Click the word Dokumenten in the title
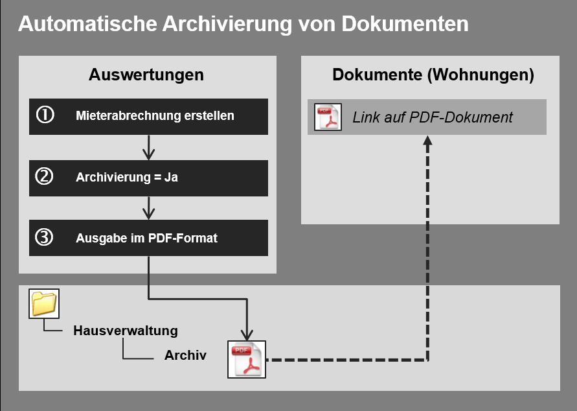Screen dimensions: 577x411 [405, 23]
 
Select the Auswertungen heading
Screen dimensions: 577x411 [146, 75]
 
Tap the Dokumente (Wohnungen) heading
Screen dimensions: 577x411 [433, 75]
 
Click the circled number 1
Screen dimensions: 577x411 [45, 115]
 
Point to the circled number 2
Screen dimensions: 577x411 [44, 176]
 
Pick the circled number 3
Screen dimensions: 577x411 [44, 237]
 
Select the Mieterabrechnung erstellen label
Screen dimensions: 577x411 [155, 115]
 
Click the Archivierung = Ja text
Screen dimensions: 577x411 [126, 177]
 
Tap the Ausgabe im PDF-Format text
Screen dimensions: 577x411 [146, 239]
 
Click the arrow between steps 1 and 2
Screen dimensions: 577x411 [149, 147]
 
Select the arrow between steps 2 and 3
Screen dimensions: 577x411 [149, 208]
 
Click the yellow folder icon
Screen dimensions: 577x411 [44, 303]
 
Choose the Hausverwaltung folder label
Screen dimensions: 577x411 [126, 331]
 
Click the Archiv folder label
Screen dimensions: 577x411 [185, 355]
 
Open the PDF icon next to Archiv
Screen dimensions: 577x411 [247, 359]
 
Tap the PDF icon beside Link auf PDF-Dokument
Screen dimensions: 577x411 [328, 117]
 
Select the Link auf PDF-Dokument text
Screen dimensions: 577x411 [433, 117]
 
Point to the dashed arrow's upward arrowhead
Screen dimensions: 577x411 [427, 140]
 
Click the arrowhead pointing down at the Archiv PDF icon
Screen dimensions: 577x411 [247, 335]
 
